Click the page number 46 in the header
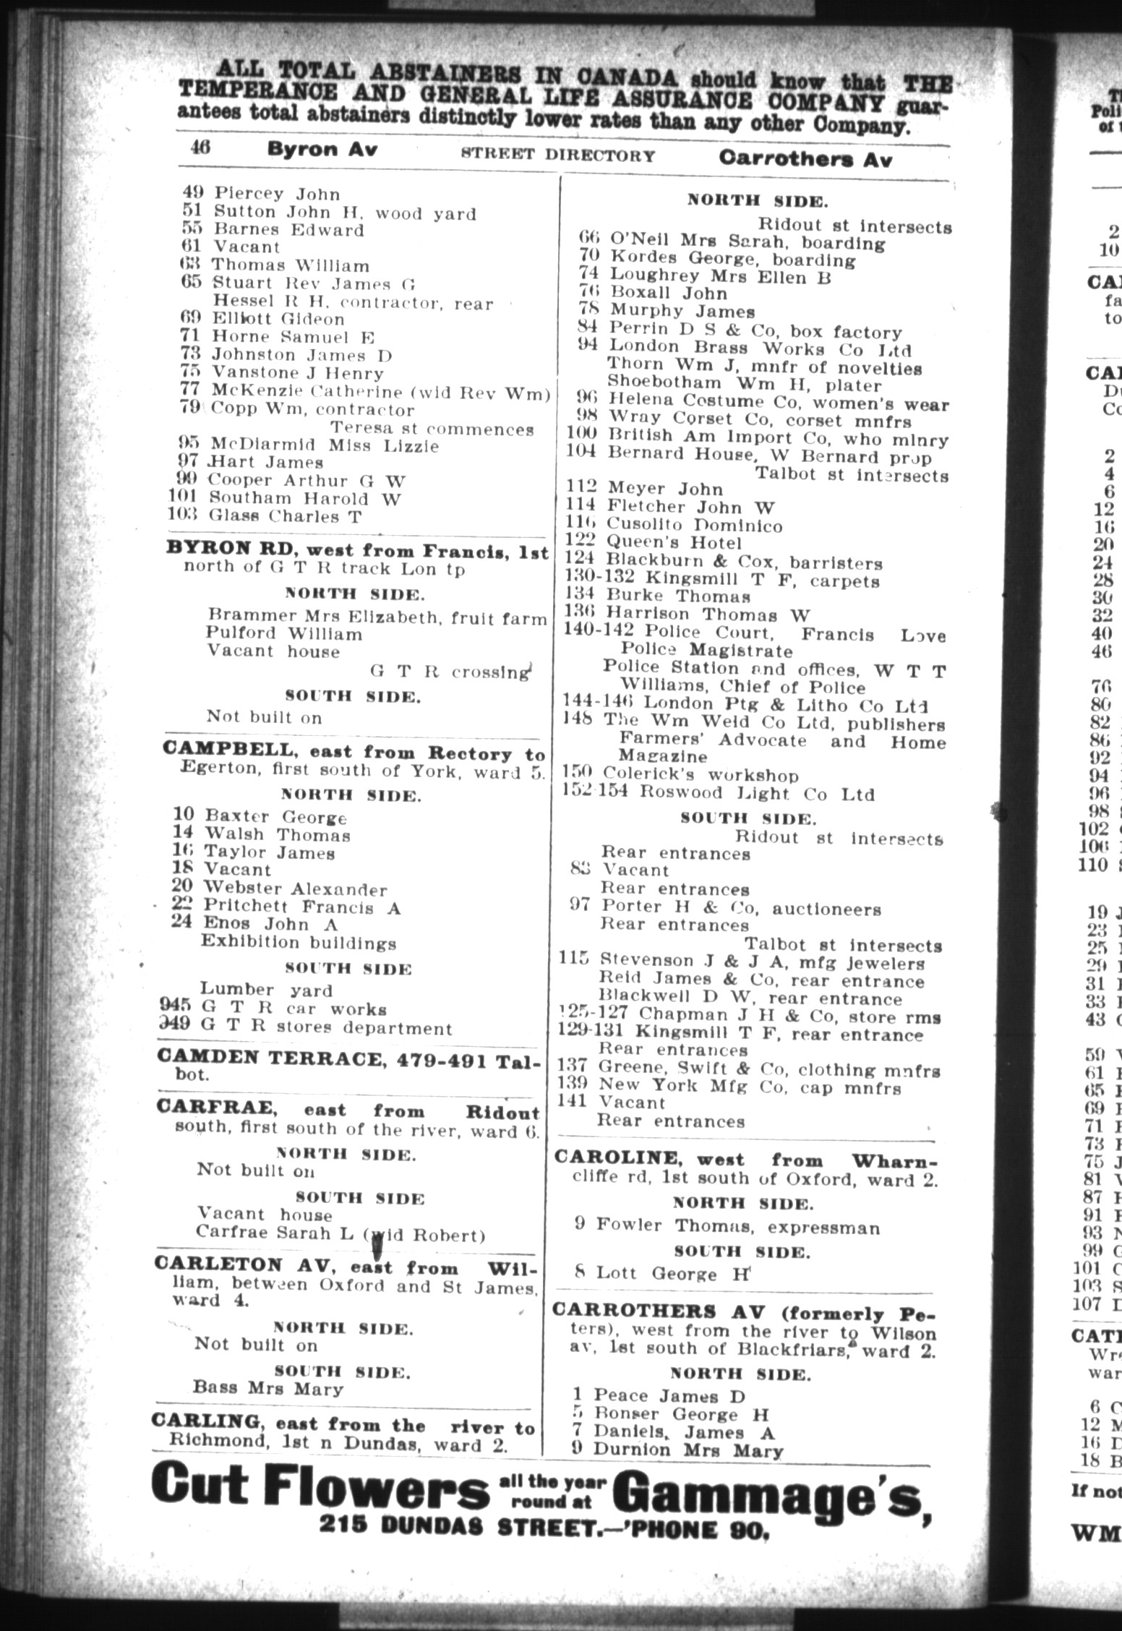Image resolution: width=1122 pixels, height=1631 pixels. click(200, 147)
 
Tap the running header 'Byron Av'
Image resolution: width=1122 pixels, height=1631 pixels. click(322, 150)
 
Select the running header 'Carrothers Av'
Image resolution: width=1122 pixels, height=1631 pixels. click(805, 159)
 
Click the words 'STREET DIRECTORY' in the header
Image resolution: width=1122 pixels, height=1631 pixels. click(558, 155)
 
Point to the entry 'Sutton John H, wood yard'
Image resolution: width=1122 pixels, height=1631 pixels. click(343, 213)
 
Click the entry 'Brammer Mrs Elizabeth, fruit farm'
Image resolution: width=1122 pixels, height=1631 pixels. click(377, 617)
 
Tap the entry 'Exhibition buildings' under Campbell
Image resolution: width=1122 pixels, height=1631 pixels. click(299, 943)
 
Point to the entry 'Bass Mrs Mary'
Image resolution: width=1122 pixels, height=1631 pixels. click(267, 1388)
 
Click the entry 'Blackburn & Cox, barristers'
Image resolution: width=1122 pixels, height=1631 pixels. click(744, 562)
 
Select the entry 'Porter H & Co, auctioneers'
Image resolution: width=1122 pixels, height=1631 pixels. click(740, 908)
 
